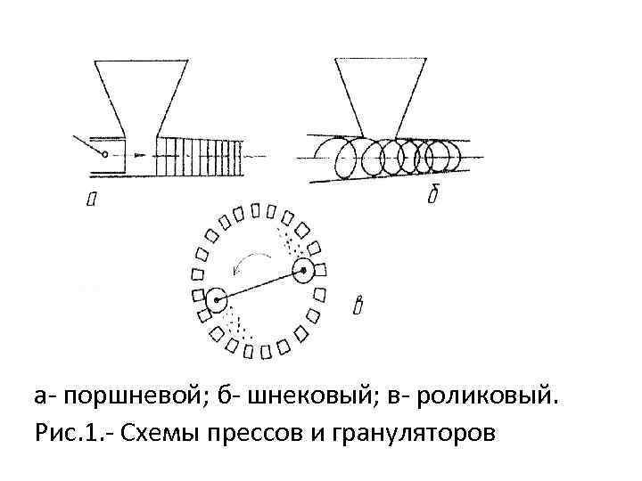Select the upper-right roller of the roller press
(x=304, y=269)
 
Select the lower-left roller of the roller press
(x=216, y=300)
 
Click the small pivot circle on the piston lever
(x=104, y=154)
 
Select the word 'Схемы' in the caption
(x=149, y=434)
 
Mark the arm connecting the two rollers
(x=259, y=285)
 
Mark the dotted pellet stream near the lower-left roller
(x=236, y=322)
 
